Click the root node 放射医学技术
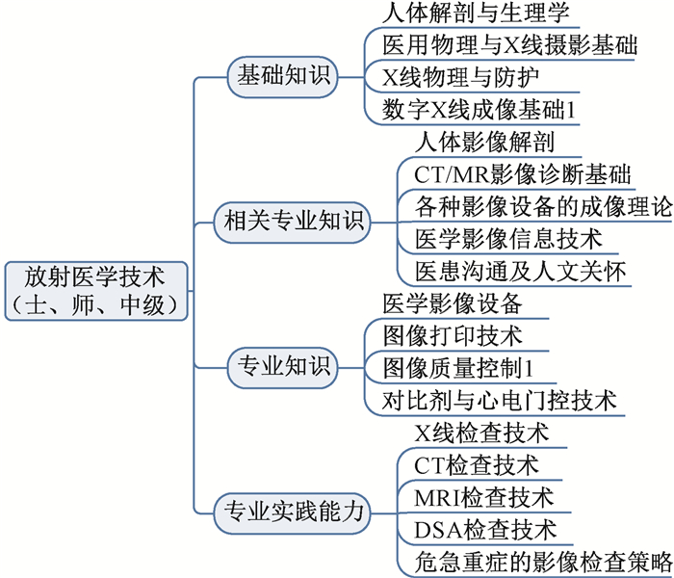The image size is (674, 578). coord(96,291)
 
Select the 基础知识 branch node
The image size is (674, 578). coord(282,77)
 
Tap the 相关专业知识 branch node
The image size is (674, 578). coord(293,223)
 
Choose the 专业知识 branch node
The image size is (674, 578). coord(282,368)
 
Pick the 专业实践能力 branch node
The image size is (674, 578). coord(293,513)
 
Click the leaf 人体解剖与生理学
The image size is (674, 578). coord(476,13)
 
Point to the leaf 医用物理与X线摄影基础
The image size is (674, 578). coord(509,45)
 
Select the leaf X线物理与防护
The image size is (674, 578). coord(460,77)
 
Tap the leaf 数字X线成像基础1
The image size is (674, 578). coord(479,110)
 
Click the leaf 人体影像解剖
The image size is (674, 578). coord(484,143)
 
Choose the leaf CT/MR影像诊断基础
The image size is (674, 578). coord(522,174)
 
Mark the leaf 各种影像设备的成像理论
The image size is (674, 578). coord(543,207)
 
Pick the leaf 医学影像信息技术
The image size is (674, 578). coord(508,239)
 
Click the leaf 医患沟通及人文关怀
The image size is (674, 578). coord(521,272)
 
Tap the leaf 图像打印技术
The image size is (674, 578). coord(453,336)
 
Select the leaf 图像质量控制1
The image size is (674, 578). coord(457,369)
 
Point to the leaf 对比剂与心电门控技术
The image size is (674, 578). coord(500,401)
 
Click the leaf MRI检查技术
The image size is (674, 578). coord(484,498)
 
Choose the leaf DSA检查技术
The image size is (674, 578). coord(485,530)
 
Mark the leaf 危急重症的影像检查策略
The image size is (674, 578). coord(543,562)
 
